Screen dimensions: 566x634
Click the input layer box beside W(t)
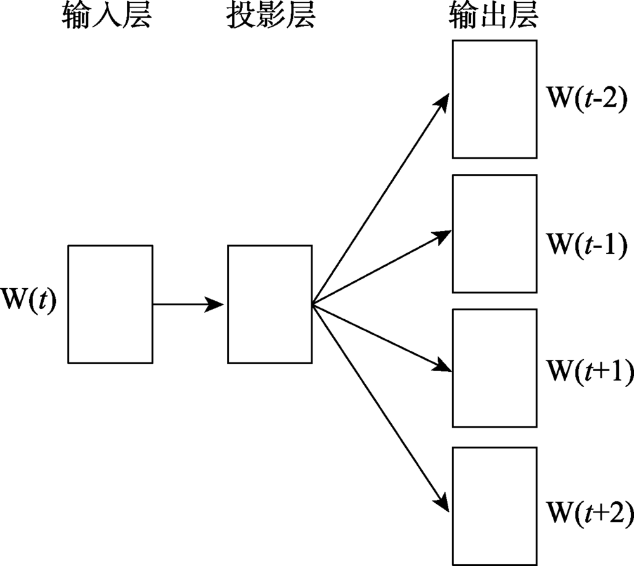click(x=110, y=304)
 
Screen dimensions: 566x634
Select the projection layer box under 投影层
click(x=270, y=304)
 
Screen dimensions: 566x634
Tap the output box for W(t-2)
click(x=495, y=99)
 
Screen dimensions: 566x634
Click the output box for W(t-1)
click(x=495, y=234)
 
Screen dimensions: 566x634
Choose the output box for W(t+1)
click(x=495, y=368)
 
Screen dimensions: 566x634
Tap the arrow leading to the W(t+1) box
click(x=380, y=336)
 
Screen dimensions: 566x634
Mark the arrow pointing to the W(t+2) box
click(x=380, y=406)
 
